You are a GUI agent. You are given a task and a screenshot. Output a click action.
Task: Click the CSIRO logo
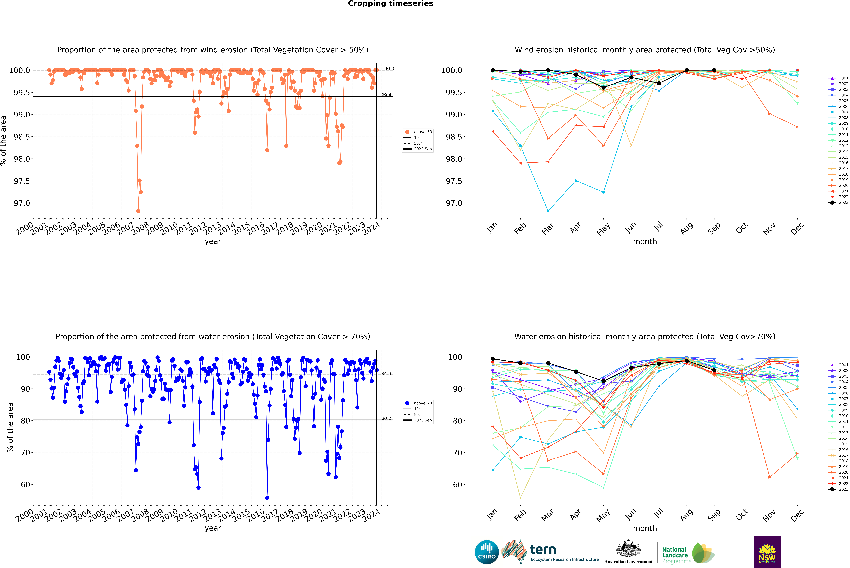click(x=487, y=552)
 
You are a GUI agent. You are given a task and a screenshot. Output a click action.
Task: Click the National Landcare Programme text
click(x=675, y=555)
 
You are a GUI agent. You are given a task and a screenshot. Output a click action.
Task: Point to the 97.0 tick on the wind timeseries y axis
click(x=22, y=203)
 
